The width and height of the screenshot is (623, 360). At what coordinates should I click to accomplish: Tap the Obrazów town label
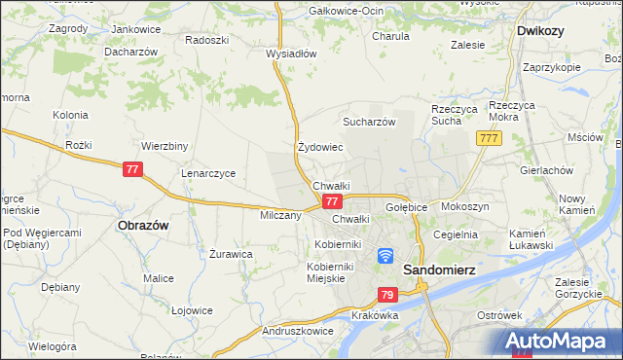coord(143,225)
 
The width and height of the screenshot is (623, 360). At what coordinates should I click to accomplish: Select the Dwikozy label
coord(543,30)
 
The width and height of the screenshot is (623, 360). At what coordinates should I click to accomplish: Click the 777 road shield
coord(489,140)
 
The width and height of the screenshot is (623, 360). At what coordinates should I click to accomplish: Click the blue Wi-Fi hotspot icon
coord(385,256)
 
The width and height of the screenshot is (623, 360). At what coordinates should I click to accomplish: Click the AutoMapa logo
coord(559,342)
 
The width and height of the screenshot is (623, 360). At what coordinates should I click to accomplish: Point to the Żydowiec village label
coord(320,148)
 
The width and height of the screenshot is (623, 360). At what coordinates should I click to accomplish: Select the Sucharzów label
coord(369,123)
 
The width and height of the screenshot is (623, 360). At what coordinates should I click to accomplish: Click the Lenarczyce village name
coord(208,173)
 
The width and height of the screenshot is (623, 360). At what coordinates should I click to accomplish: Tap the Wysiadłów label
coord(291,54)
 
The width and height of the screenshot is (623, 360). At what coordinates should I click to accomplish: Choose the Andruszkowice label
coord(302,331)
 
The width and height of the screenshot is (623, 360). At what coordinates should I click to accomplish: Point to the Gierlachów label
coord(546,169)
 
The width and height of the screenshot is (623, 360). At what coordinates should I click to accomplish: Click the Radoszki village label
coord(206,40)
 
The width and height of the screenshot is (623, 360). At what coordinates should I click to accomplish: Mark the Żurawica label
coord(232,254)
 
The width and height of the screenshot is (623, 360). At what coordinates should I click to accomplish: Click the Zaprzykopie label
coord(551,68)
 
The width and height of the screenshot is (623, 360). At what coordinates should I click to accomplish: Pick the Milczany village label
coord(280,215)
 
